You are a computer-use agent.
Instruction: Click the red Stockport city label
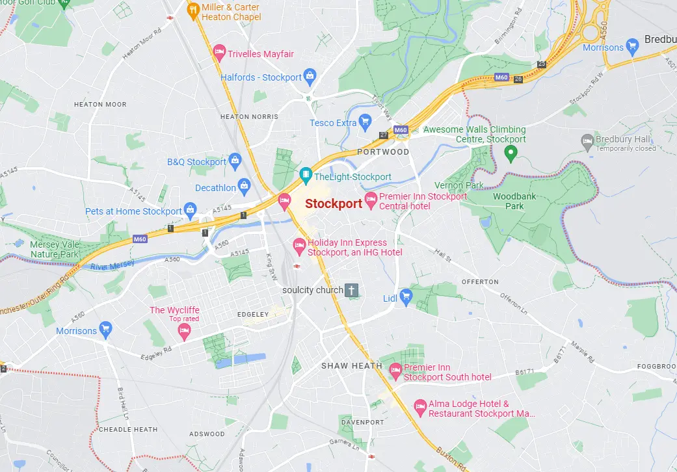[334, 203]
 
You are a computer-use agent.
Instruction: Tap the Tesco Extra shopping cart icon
[365, 122]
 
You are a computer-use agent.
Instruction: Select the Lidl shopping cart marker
[406, 298]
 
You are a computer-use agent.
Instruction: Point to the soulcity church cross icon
[352, 290]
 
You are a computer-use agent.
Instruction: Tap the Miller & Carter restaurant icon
[193, 10]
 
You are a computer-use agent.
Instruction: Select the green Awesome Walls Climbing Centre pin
[511, 153]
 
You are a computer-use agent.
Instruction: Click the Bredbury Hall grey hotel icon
[587, 140]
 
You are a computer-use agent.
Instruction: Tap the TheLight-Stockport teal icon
[305, 176]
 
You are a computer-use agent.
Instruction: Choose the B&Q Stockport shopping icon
[235, 161]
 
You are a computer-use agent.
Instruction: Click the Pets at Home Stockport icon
[190, 211]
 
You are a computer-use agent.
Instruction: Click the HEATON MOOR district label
[100, 104]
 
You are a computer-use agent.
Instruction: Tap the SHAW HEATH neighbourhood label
[352, 366]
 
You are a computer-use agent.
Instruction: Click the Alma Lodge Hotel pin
[420, 408]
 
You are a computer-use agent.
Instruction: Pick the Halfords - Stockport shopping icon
[310, 77]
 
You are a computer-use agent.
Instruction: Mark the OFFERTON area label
[480, 282]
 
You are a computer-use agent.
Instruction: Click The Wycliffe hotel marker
[184, 332]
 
